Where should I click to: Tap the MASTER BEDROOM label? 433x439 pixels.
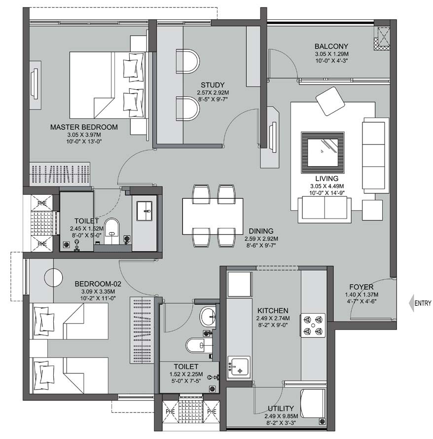tap(84, 127)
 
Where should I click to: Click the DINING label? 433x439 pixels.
tap(261, 231)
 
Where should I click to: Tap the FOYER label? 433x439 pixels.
tap(361, 287)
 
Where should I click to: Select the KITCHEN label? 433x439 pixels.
tap(272, 310)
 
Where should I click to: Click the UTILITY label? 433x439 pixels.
tap(281, 408)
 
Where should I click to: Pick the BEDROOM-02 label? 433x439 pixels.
tap(98, 284)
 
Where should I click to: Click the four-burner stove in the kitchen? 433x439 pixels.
tap(313, 325)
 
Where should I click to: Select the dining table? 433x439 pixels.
tap(213, 216)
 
